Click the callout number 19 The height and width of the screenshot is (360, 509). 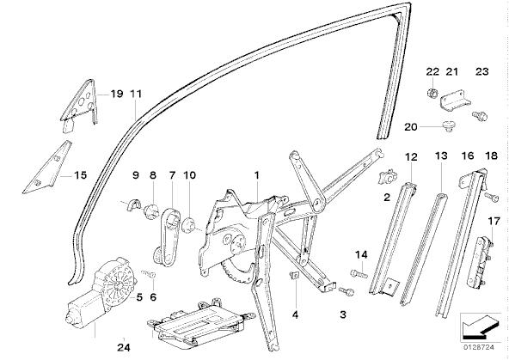(x=117, y=94)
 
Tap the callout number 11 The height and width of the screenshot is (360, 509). (x=136, y=94)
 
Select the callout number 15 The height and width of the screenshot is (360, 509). (x=81, y=175)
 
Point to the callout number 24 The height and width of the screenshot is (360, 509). (x=124, y=348)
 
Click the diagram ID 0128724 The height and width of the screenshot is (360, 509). (x=479, y=347)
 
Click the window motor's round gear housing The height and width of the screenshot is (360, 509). (x=119, y=284)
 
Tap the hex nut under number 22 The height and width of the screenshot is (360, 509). (x=432, y=94)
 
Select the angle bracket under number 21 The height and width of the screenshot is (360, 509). (x=455, y=101)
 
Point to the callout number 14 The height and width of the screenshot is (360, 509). (x=361, y=255)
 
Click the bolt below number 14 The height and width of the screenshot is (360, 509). (x=359, y=274)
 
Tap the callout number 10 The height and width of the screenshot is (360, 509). (x=189, y=175)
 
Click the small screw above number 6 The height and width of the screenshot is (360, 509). (x=149, y=274)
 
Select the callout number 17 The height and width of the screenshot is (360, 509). (x=494, y=222)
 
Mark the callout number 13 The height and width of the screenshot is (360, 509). (x=441, y=156)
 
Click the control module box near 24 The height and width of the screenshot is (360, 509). (x=200, y=324)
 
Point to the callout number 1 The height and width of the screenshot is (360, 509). (x=257, y=175)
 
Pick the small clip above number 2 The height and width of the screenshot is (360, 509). (x=388, y=177)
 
